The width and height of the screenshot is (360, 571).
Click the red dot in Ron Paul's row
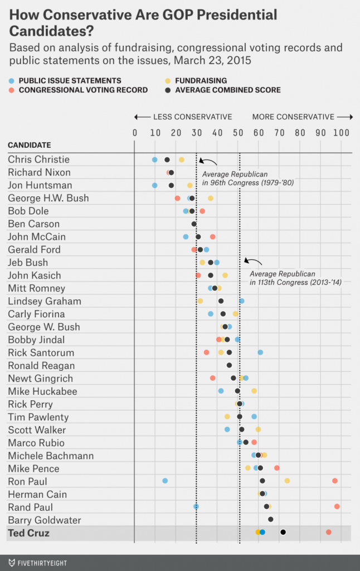(x=335, y=481)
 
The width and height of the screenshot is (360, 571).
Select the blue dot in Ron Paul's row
(x=165, y=481)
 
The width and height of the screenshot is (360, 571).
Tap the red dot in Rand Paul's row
(x=337, y=506)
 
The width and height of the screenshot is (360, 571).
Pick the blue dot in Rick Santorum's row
(x=260, y=352)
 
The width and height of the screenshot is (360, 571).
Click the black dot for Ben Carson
(x=194, y=224)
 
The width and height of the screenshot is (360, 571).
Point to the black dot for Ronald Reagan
(x=229, y=365)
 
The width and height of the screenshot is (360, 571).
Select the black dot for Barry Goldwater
(x=271, y=519)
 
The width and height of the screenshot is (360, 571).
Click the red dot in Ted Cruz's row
(x=329, y=533)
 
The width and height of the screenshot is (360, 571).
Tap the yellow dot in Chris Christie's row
(x=182, y=160)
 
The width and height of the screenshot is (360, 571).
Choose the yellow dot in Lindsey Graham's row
(x=201, y=301)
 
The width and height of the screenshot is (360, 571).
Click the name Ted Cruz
(x=28, y=533)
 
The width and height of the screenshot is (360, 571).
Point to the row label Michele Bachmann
(x=42, y=456)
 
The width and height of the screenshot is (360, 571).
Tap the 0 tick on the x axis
(x=135, y=133)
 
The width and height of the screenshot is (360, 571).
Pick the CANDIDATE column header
(x=29, y=146)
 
